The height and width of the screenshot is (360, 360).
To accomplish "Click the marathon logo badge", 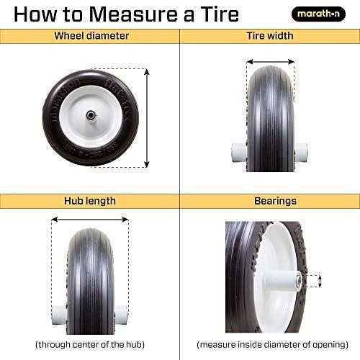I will pyautogui.click(x=318, y=14).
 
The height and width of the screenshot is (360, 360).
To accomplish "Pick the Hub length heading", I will pyautogui.click(x=89, y=201).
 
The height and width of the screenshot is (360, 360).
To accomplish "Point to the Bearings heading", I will pyautogui.click(x=269, y=201).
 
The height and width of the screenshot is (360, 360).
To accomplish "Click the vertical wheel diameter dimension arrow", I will pyautogui.click(x=147, y=117).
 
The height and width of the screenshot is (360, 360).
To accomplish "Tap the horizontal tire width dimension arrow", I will pyautogui.click(x=270, y=62).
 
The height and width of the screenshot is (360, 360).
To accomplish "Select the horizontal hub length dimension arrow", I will pyautogui.click(x=89, y=221).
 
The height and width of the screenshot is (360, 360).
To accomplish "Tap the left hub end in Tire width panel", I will pyautogui.click(x=238, y=152).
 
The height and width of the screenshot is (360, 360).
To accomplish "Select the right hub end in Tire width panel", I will pyautogui.click(x=302, y=152).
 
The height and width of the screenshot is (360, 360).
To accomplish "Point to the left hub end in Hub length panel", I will pyautogui.click(x=58, y=315).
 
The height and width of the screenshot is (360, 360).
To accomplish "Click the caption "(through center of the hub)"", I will pyautogui.click(x=89, y=344).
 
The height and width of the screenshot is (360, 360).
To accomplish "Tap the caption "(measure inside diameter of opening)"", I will pyautogui.click(x=269, y=344).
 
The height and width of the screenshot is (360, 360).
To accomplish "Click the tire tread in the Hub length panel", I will pyautogui.click(x=89, y=274).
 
